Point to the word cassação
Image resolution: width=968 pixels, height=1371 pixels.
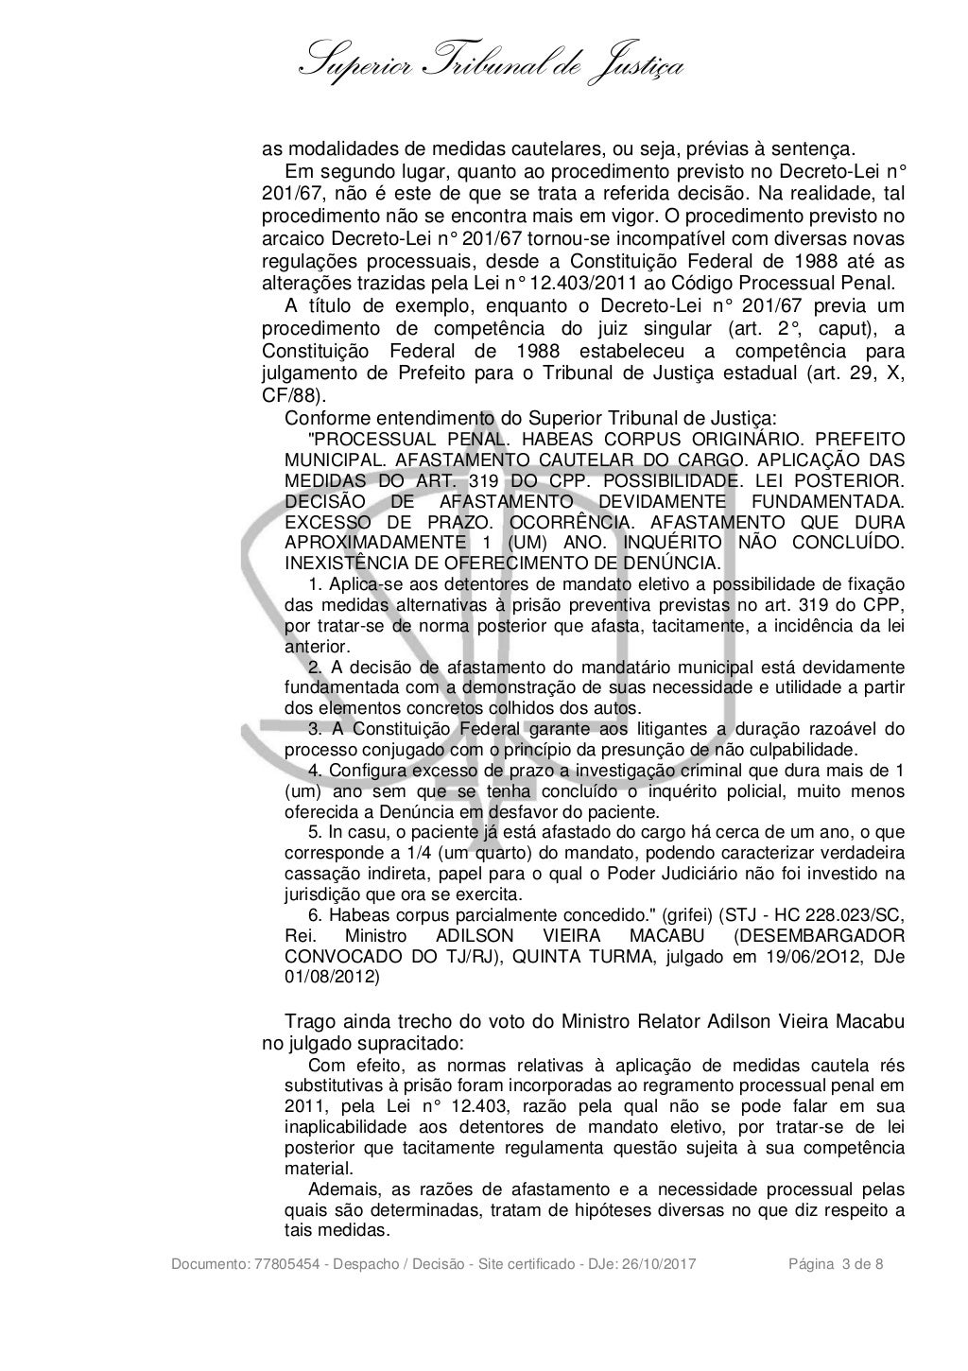[319, 872]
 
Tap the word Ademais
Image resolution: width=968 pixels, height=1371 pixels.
[340, 1189]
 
